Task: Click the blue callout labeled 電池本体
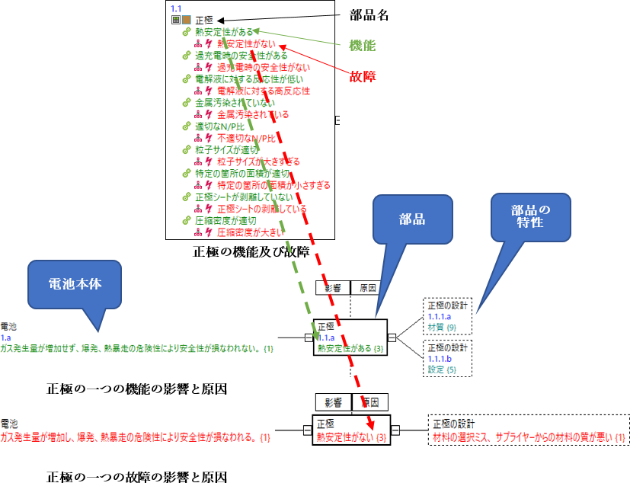(74, 284)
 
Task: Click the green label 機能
(361, 46)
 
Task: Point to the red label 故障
(363, 76)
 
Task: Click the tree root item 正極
(204, 21)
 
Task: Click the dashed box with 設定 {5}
(448, 358)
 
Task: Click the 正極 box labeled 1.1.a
(350, 337)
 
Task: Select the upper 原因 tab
(368, 288)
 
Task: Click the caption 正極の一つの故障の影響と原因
(136, 477)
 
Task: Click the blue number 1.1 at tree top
(176, 8)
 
